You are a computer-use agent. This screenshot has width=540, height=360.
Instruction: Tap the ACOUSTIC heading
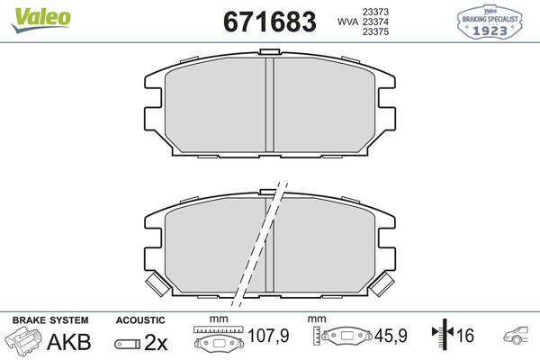[139, 319]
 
